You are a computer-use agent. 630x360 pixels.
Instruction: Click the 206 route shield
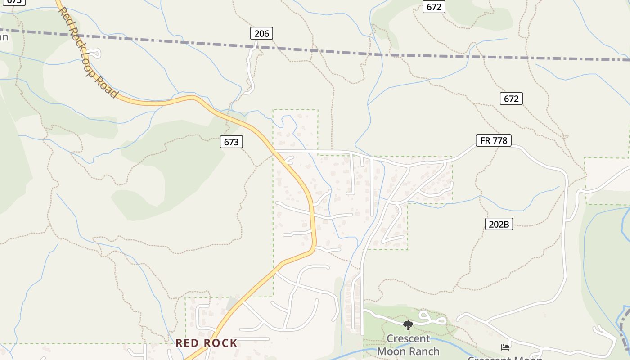pyautogui.click(x=261, y=33)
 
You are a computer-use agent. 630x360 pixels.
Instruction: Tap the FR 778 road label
pyautogui.click(x=494, y=140)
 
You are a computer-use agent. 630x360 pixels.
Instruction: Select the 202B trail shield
pyautogui.click(x=499, y=224)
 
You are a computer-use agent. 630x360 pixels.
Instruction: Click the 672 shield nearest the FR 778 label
pyautogui.click(x=511, y=99)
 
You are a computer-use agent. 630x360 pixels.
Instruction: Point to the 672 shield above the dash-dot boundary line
pyautogui.click(x=434, y=7)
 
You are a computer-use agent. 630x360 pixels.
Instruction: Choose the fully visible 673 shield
pyautogui.click(x=231, y=142)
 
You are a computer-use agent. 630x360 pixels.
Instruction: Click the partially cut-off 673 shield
pyautogui.click(x=14, y=1)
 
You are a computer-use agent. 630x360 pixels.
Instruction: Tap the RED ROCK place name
pyautogui.click(x=206, y=343)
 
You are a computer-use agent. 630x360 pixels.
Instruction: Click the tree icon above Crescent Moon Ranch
pyautogui.click(x=408, y=325)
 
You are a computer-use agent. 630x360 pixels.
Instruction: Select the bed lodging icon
pyautogui.click(x=505, y=347)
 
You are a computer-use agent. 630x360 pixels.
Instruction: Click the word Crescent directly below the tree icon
pyautogui.click(x=409, y=339)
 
